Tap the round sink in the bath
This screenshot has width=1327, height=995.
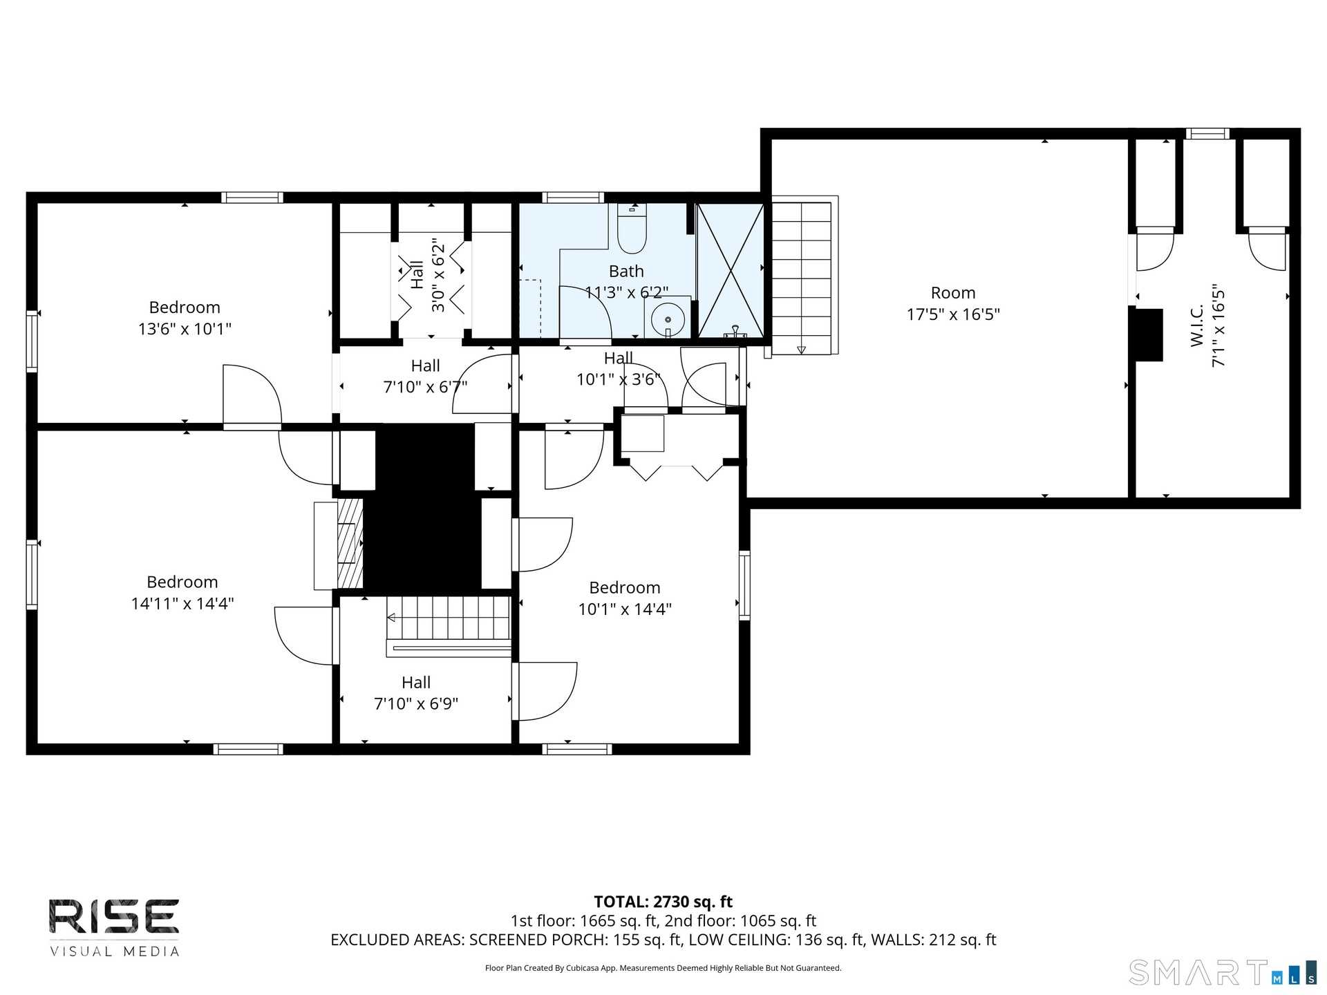click(668, 319)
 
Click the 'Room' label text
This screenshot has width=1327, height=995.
click(953, 293)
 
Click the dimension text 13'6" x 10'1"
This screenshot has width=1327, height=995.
click(185, 329)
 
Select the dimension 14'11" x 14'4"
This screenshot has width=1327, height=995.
click(182, 603)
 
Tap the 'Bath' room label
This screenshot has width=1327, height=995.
click(626, 272)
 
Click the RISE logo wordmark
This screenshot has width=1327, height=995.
click(114, 916)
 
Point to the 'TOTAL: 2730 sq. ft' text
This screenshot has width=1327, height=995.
click(663, 902)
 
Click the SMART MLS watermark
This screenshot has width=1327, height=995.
click(1223, 972)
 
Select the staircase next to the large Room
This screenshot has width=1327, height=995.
click(802, 276)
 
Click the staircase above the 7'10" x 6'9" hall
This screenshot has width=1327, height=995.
click(449, 618)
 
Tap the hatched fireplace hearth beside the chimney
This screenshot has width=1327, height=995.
click(350, 543)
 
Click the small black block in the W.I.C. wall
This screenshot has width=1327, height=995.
click(1146, 334)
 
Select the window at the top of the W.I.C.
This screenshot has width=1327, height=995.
click(1207, 134)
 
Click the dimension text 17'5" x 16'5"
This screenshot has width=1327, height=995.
click(953, 314)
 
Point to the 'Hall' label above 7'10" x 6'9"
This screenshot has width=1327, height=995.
click(416, 683)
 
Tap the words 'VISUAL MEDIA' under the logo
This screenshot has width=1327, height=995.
click(114, 951)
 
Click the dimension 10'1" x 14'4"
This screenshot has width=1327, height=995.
click(625, 609)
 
